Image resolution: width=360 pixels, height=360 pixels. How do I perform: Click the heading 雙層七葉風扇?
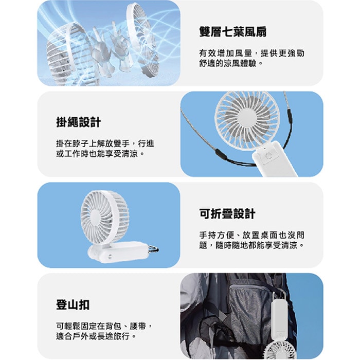(x=232, y=32)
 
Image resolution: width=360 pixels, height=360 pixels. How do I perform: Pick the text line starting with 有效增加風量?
(x=255, y=53)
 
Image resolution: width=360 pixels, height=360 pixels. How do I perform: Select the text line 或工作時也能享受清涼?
(x=100, y=153)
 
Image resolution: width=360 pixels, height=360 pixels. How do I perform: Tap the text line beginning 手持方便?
(x=255, y=235)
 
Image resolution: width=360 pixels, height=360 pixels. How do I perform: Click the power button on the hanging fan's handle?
(x=268, y=155)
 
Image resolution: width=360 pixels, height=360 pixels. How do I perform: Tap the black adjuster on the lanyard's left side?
(x=219, y=153)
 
